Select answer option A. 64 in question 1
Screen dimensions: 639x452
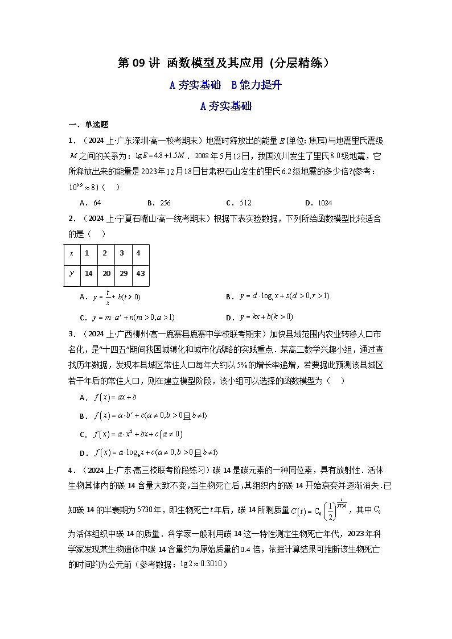[x=91, y=203]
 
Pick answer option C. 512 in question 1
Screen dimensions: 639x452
[x=239, y=203]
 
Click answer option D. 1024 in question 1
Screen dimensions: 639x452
[x=318, y=203]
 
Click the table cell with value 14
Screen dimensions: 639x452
[x=88, y=274]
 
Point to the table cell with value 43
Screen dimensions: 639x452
[x=141, y=274]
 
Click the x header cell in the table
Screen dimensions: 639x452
[x=71, y=253]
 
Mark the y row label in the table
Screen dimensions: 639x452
[x=71, y=274]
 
